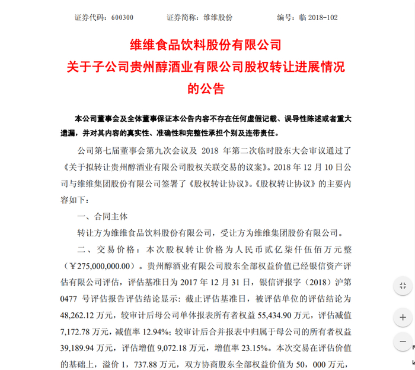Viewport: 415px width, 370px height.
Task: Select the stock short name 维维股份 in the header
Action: (219, 18)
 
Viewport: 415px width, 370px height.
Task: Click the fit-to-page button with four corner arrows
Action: (403, 287)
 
